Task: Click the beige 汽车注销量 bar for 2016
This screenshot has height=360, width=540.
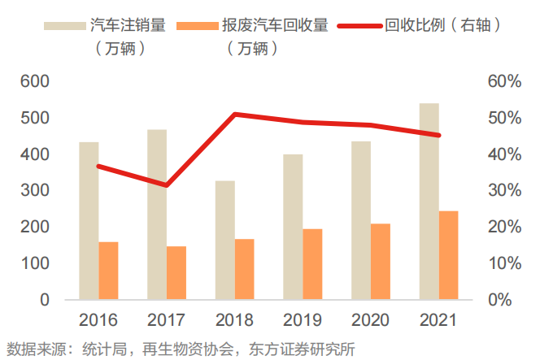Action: pos(89,221)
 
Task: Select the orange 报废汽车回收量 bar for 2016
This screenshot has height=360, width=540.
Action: pos(108,271)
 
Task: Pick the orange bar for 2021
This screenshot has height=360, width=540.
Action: pos(448,255)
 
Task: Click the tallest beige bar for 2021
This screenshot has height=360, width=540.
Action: pos(429,202)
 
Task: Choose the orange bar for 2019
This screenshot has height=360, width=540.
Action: pos(312,264)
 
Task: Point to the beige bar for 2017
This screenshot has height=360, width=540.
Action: pos(157,215)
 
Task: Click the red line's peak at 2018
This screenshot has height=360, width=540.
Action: pos(234,115)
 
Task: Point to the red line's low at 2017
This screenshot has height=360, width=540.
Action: pos(166,185)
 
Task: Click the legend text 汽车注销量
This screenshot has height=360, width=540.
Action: pos(128,26)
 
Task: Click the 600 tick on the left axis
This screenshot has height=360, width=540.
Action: pos(34,82)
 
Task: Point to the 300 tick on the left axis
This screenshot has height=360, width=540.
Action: pos(34,191)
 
